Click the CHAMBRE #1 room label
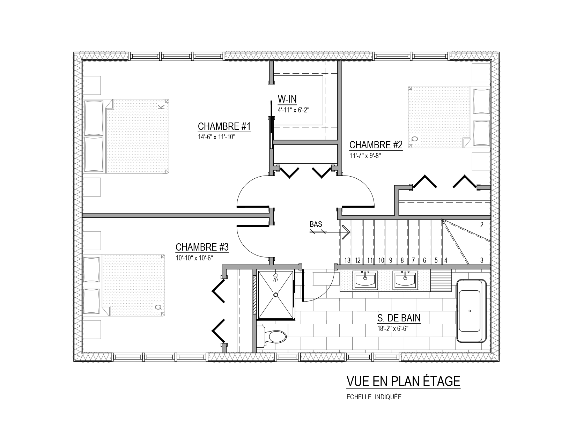[224, 126]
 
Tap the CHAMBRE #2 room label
[376, 145]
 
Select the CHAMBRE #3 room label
[202, 247]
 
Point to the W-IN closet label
[287, 99]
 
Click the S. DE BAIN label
[399, 318]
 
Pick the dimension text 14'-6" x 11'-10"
[217, 137]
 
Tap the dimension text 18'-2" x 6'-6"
[393, 329]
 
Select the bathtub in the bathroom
[471, 311]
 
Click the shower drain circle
[276, 295]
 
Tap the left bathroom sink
[365, 280]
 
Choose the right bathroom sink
[405, 280]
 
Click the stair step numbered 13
[347, 260]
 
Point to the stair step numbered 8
[402, 260]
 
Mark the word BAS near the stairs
[316, 224]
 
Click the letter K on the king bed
[161, 107]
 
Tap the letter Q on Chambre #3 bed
[158, 307]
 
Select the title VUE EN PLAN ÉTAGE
[403, 381]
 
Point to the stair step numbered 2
[482, 225]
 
